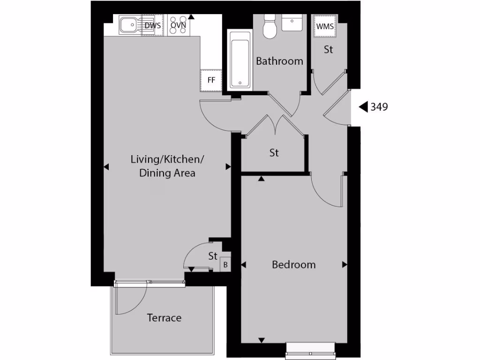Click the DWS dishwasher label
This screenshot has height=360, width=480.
click(153, 26)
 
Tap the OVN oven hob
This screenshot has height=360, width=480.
click(178, 26)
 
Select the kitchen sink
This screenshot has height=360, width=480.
click(129, 25)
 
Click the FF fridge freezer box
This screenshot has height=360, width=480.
click(211, 80)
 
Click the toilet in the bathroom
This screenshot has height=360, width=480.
click(270, 28)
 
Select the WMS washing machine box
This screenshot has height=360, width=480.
click(325, 26)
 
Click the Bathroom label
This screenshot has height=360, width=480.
click(279, 61)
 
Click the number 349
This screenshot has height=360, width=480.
click(379, 107)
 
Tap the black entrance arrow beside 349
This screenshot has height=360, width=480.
click(363, 107)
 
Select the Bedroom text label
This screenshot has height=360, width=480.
click(293, 264)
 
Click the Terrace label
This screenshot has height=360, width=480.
click(164, 318)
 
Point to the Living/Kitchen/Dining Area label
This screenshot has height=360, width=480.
click(167, 166)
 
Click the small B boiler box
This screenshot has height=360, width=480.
click(225, 265)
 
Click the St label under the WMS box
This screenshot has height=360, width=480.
click(328, 49)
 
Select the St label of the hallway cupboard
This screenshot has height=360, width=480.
click(274, 153)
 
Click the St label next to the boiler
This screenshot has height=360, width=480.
click(213, 256)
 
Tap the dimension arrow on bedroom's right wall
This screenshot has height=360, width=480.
click(345, 265)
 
